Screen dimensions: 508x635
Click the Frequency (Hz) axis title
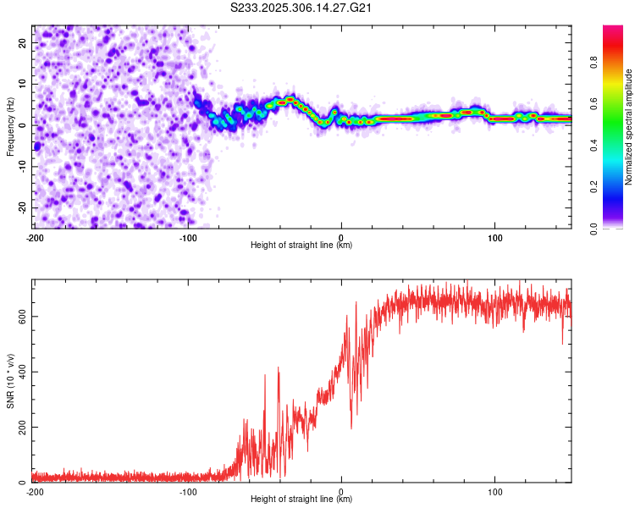(10, 124)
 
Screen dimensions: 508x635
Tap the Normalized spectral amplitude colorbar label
(629, 127)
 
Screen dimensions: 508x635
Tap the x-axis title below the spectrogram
(302, 245)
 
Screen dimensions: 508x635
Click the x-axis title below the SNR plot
(302, 500)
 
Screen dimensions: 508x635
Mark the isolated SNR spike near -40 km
(278, 369)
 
